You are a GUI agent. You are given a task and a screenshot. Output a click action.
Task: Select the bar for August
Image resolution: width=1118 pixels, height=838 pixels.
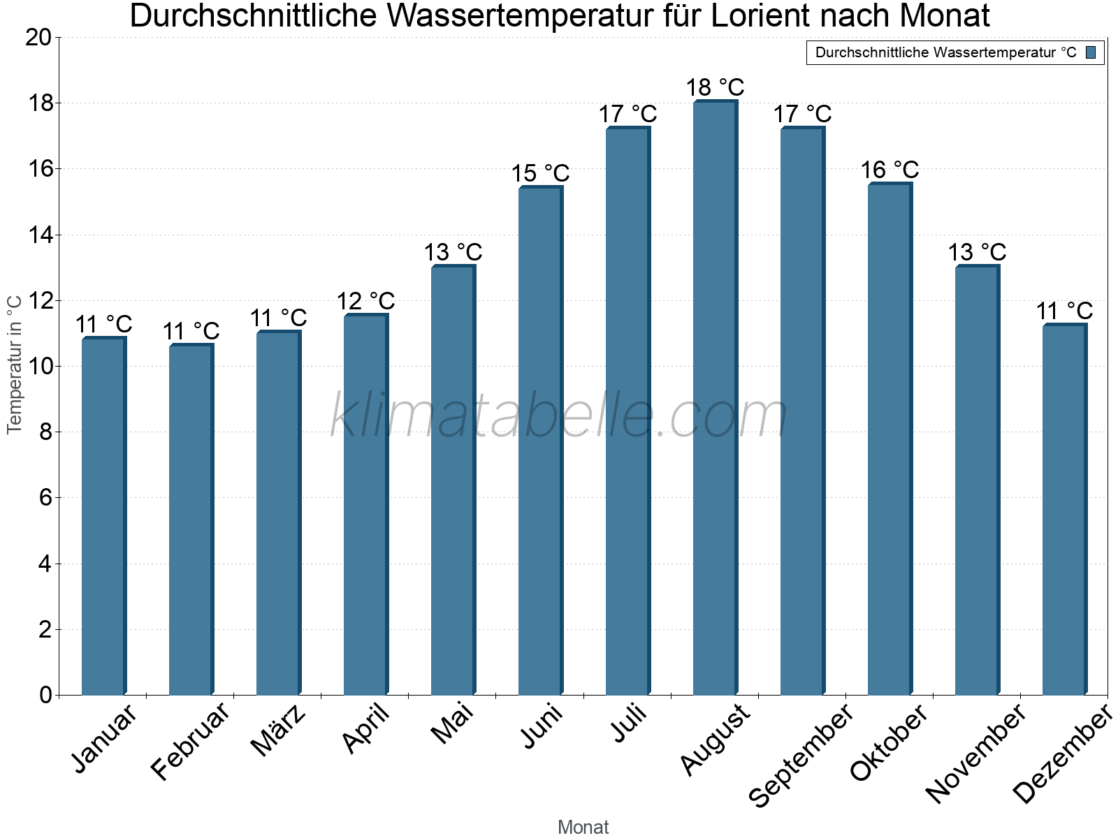point(715,398)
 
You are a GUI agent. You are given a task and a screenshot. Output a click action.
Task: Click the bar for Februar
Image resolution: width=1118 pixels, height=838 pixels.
point(191,520)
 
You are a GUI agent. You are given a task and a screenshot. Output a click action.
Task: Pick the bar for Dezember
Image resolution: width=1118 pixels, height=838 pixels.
point(1064,510)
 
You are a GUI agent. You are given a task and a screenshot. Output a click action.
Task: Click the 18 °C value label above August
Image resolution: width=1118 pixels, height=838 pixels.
point(715,88)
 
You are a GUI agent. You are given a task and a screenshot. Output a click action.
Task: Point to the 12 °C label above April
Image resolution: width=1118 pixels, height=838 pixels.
point(365,302)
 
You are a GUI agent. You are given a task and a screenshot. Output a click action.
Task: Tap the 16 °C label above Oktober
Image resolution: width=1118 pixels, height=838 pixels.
point(890,170)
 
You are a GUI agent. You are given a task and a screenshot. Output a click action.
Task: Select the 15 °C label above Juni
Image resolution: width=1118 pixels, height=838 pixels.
point(540,174)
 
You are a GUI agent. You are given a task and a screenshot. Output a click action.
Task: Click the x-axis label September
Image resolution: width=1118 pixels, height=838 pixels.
point(800,756)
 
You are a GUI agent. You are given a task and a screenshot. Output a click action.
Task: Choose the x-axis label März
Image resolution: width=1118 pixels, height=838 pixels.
point(278,730)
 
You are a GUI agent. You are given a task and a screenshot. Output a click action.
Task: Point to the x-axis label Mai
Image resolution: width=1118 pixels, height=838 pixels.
point(452,724)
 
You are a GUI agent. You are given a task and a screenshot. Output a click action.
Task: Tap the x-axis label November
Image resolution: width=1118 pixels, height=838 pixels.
point(975,754)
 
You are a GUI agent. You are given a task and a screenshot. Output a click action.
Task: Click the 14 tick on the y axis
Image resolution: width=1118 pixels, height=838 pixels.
point(41,235)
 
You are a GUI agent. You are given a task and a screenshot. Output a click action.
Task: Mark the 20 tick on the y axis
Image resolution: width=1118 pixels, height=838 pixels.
point(39,38)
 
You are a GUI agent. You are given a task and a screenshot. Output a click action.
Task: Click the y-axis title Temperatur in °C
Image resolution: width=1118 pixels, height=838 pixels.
point(15,365)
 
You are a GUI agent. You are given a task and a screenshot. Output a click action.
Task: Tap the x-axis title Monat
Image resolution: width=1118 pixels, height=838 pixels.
point(583,828)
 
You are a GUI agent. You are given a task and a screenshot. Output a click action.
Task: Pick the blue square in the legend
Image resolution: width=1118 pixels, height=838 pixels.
point(1091,52)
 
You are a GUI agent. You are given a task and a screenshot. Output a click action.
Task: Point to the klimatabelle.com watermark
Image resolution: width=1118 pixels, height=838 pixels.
point(559,416)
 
